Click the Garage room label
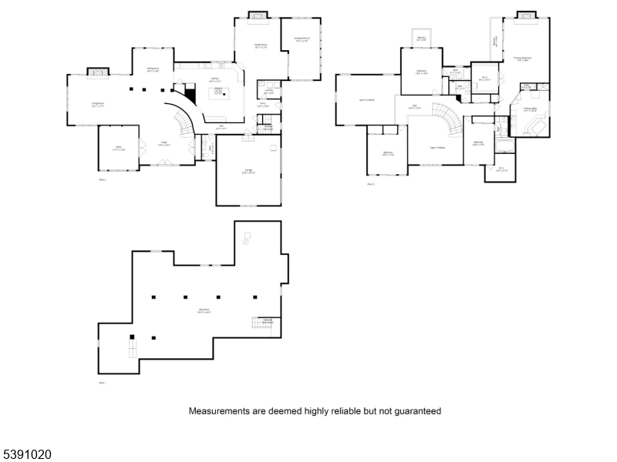[x=248, y=172]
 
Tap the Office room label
[x=119, y=149]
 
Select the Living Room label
[x=98, y=105]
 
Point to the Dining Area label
[x=153, y=69]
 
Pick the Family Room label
[x=261, y=46]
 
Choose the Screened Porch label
[x=301, y=39]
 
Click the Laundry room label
[x=268, y=92]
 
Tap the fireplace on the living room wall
[x=97, y=72]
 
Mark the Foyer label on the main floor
[x=164, y=144]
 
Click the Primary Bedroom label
[x=522, y=59]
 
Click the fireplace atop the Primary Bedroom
[x=526, y=15]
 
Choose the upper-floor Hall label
[x=413, y=106]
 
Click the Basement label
[x=204, y=311]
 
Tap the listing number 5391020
[x=26, y=455]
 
